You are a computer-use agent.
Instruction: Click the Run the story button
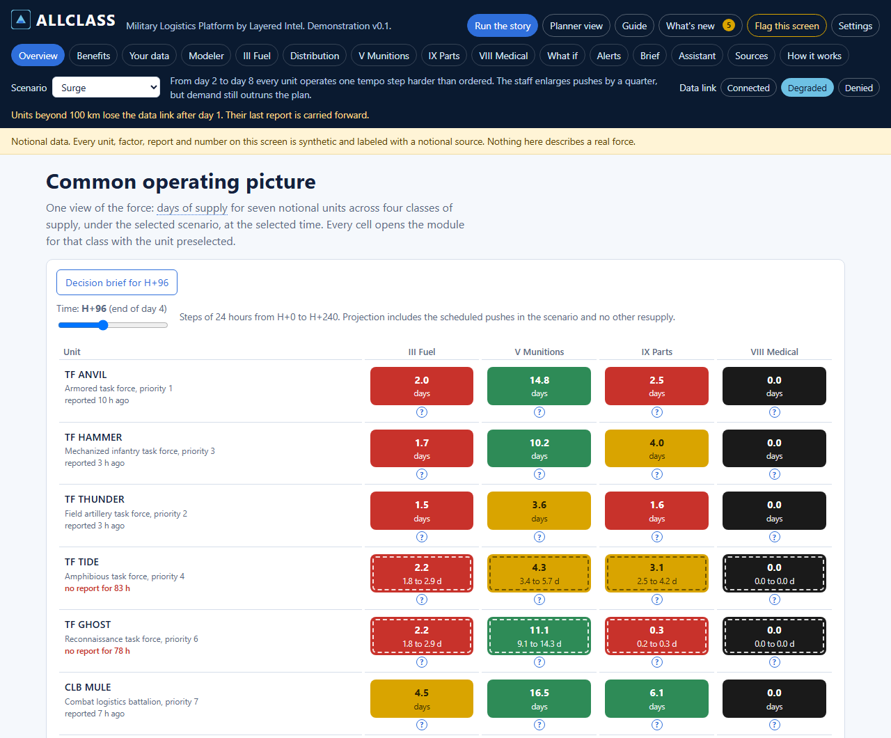pos(503,26)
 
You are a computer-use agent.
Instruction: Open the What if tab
pos(562,56)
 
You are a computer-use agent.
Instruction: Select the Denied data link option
pos(858,88)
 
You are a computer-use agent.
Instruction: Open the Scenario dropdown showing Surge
pos(107,88)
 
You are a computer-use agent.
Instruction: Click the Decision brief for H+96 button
pos(117,283)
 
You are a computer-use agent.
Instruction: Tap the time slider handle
pos(103,325)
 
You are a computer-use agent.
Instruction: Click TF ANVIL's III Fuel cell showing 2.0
pos(422,386)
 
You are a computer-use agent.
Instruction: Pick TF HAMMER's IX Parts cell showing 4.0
pos(656,448)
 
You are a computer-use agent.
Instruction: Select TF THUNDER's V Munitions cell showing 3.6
pos(539,511)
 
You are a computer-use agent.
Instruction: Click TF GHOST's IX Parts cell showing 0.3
pos(656,636)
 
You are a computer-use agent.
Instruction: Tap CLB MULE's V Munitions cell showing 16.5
pos(539,699)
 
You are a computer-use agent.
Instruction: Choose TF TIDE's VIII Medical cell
pos(774,573)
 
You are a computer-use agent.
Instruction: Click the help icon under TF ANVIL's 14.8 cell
pos(539,412)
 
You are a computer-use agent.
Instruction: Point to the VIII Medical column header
pos(774,352)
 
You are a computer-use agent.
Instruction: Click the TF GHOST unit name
pos(88,625)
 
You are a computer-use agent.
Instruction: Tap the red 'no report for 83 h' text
pos(97,588)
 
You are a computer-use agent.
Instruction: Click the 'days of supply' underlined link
pos(192,208)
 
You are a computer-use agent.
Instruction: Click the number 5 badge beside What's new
pos(728,26)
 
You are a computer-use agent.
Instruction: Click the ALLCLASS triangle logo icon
pos(20,19)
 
